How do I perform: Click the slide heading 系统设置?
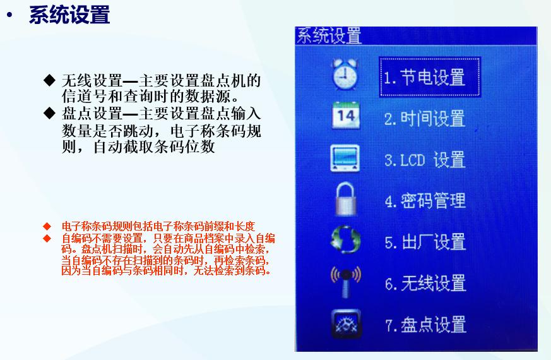[69, 16]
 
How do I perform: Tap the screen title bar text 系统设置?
[329, 36]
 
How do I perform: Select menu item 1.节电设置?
[424, 78]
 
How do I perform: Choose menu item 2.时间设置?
[424, 119]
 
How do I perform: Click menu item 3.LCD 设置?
[424, 160]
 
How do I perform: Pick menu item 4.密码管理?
[424, 201]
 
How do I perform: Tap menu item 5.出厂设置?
[424, 243]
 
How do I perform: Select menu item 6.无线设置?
[424, 284]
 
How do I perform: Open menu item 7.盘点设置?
[424, 325]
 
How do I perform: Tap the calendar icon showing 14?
[345, 116]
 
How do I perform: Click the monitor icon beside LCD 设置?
[345, 159]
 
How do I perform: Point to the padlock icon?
[345, 199]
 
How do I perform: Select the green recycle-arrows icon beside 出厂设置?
[345, 241]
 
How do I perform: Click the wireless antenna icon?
[345, 282]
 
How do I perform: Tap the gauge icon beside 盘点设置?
[345, 323]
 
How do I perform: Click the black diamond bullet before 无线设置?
[50, 80]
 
